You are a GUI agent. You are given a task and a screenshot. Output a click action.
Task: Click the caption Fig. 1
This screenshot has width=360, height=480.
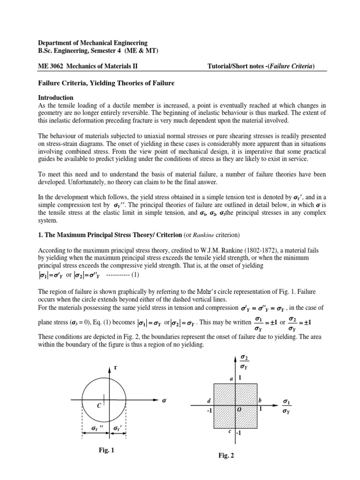(106, 450)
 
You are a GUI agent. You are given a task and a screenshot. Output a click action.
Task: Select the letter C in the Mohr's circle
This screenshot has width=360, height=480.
(99, 406)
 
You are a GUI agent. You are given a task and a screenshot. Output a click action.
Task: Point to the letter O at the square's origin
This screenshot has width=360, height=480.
(238, 409)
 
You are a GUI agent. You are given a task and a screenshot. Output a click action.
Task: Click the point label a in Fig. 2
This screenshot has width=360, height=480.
(231, 378)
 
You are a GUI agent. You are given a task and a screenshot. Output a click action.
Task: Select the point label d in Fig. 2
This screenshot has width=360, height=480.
(209, 400)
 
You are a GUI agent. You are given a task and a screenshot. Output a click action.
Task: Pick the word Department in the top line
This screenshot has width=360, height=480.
(56, 43)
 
